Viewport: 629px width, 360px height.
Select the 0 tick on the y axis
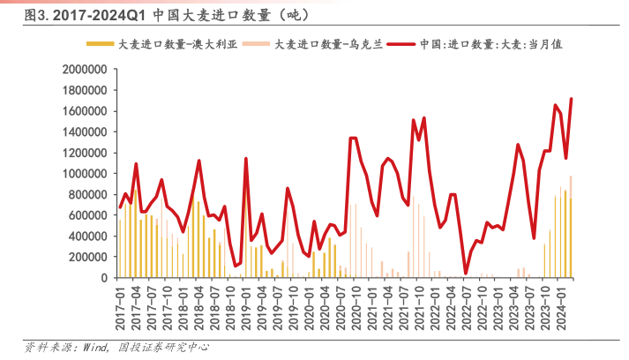[103, 278]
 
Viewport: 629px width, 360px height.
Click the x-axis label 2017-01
[119, 304]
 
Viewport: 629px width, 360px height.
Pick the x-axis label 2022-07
[465, 304]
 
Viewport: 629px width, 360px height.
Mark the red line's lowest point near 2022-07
[465, 274]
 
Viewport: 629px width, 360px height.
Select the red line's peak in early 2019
[245, 159]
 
